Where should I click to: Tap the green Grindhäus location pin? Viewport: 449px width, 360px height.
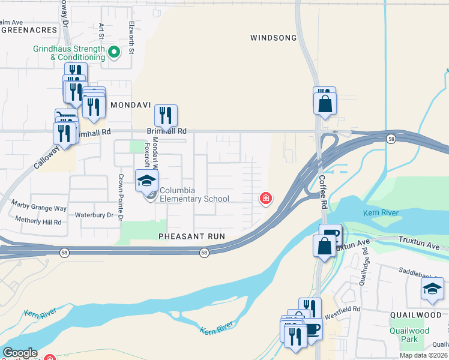pos(113,52)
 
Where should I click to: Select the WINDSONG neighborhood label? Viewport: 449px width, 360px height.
pos(273,38)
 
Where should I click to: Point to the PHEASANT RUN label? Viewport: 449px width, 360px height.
pos(191,236)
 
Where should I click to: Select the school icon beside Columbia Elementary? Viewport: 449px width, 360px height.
pos(146,179)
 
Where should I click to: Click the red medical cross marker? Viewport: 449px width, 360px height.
pos(264,198)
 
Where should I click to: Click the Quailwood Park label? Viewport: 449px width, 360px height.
pos(409,334)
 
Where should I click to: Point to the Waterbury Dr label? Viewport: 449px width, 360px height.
pos(94,215)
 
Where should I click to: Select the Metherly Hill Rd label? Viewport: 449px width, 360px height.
pos(38,222)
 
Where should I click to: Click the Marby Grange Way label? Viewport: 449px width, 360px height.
pos(38,208)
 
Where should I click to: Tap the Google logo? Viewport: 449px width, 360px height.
pos(20,353)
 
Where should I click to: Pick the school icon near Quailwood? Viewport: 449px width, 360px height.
pos(432,288)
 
